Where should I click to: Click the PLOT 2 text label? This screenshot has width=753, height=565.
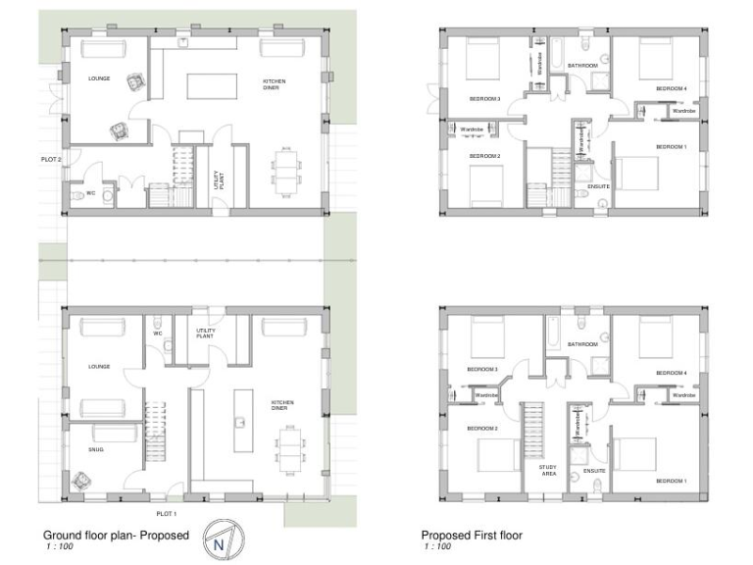point(51,159)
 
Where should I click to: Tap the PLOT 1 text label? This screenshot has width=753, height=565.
point(167,514)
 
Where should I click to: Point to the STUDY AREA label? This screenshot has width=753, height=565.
point(549,470)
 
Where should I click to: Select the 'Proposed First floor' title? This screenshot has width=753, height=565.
point(472,536)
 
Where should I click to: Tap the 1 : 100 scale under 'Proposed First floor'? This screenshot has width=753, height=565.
point(438,546)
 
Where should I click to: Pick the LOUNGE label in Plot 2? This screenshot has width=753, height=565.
point(98,77)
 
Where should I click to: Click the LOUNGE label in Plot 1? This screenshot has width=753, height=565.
point(98,366)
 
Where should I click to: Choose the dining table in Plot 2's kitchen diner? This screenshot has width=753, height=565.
point(285,171)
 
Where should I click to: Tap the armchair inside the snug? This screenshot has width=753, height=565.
point(80,481)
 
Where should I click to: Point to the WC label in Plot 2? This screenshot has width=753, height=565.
point(91,193)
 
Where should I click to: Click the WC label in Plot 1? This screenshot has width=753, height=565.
point(157,333)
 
